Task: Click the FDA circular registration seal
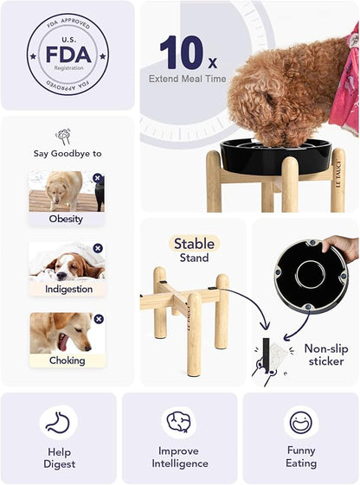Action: tap(67, 54)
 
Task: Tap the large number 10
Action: tap(180, 53)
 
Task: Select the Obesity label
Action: tap(66, 219)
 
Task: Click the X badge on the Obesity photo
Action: tap(98, 178)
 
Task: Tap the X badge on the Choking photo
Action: tap(98, 319)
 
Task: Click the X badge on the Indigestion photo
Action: tap(98, 248)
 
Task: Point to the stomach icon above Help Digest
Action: tap(58, 422)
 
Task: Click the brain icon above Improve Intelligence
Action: tap(179, 422)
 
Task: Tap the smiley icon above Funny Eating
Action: tap(300, 422)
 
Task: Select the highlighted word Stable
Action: tap(194, 244)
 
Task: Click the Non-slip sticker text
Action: tap(325, 354)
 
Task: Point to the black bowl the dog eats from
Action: tap(275, 157)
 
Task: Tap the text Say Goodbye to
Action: tap(67, 153)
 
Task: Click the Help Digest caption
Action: tap(59, 457)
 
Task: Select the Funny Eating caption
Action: tap(300, 456)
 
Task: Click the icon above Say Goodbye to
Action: tap(62, 135)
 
